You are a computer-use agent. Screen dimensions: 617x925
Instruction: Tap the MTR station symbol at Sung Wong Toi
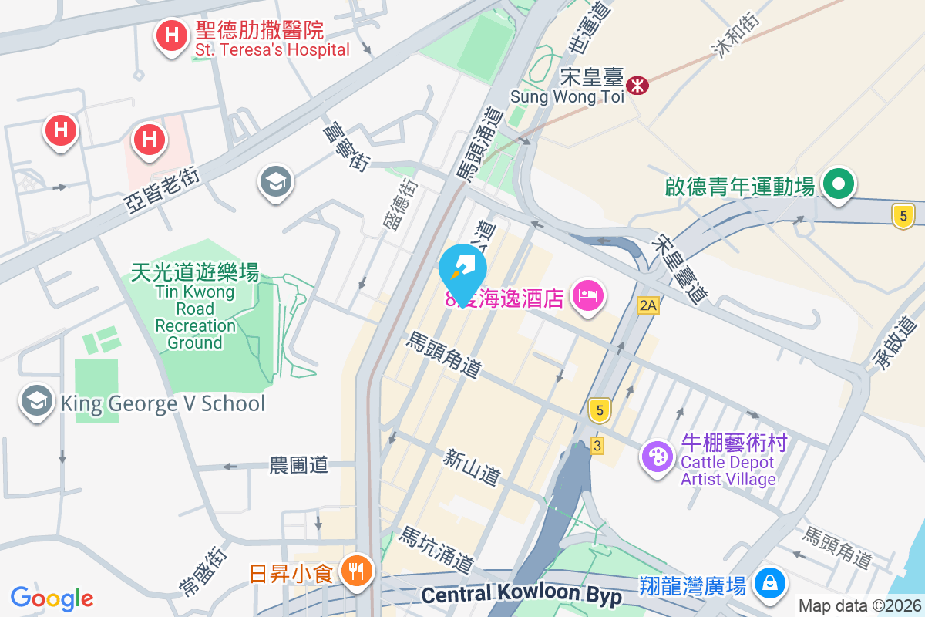point(637,85)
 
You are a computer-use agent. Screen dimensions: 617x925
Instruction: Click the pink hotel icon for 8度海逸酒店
point(588,295)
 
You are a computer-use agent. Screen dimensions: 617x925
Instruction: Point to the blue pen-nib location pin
point(462,271)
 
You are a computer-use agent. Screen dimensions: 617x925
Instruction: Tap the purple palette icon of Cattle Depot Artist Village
point(657,455)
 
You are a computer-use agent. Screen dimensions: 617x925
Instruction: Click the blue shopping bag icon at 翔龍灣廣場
point(769,582)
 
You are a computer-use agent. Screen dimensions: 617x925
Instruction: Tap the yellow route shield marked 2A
point(648,306)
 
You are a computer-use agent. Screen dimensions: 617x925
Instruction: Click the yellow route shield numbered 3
point(597,445)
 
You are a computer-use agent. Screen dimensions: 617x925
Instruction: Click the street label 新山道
point(470,467)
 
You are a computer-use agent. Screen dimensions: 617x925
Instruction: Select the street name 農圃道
point(298,465)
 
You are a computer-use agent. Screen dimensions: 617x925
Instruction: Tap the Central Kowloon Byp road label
point(521,595)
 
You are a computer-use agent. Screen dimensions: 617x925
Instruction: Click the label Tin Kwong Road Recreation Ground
point(195,307)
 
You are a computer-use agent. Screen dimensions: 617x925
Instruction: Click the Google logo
point(52,598)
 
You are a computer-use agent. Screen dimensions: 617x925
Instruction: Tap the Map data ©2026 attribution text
point(859,606)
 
